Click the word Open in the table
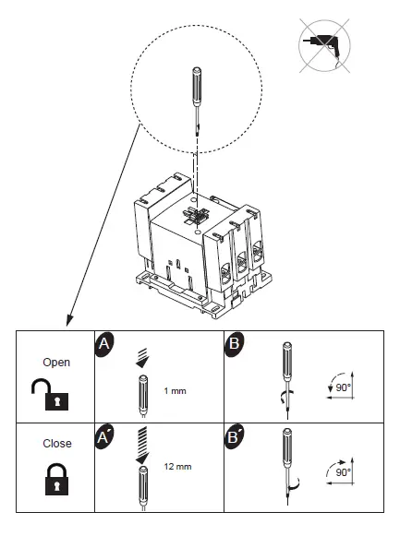(x=57, y=362)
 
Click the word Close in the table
(x=57, y=443)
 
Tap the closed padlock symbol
(x=57, y=477)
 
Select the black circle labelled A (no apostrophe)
(x=104, y=343)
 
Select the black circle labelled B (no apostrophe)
(x=235, y=343)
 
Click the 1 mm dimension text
(x=174, y=390)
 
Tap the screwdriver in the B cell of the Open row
(x=287, y=374)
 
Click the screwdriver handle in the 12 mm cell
(x=143, y=479)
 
